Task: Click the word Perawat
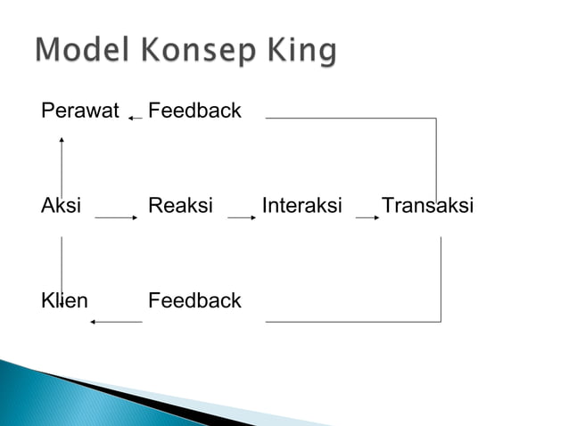pos(80,111)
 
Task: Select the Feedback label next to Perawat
pos(194,111)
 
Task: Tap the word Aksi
pos(61,207)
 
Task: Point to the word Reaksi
pos(180,207)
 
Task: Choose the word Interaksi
pos(302,207)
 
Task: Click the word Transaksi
pos(427,207)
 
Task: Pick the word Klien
pos(64,300)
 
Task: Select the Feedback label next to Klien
pos(194,300)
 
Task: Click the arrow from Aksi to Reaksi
pos(115,217)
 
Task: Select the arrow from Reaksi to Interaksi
pos(243,217)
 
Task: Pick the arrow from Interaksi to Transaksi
pos(366,217)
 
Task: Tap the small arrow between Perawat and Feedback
pos(135,118)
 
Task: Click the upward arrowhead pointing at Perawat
pos(62,140)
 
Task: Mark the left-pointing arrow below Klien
pos(116,321)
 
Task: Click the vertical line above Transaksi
pos(436,156)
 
